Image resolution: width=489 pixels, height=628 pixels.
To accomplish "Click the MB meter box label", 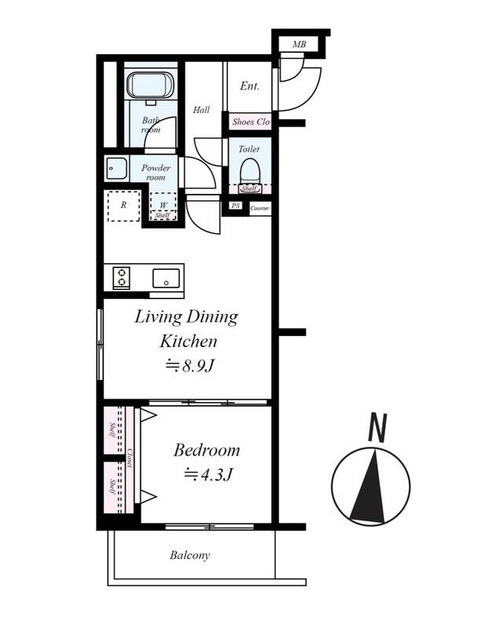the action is [299, 44].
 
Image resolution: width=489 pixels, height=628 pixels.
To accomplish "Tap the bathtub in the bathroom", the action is [150, 85].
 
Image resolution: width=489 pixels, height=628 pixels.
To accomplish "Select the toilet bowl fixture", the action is [249, 171].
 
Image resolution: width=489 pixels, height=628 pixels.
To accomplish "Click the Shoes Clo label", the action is [251, 122].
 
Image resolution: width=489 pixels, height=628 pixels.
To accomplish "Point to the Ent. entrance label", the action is [249, 86].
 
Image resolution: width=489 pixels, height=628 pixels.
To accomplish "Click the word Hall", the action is [201, 110].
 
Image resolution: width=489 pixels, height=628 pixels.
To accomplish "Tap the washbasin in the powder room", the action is [117, 169].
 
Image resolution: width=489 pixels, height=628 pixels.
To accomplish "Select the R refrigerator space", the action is [123, 206].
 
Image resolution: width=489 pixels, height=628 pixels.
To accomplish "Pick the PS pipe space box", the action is [236, 206].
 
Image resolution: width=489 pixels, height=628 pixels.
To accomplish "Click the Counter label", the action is [260, 208].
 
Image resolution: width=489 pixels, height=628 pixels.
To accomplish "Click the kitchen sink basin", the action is [166, 279].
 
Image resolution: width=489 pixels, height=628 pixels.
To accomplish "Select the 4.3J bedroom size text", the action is [208, 475].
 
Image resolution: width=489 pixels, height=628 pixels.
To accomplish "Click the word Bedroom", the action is [207, 451].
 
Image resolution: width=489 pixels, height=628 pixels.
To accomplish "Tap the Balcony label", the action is [189, 556].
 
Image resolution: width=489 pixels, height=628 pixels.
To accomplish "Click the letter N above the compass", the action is [377, 427].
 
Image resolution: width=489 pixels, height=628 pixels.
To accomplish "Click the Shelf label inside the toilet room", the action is [249, 188].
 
